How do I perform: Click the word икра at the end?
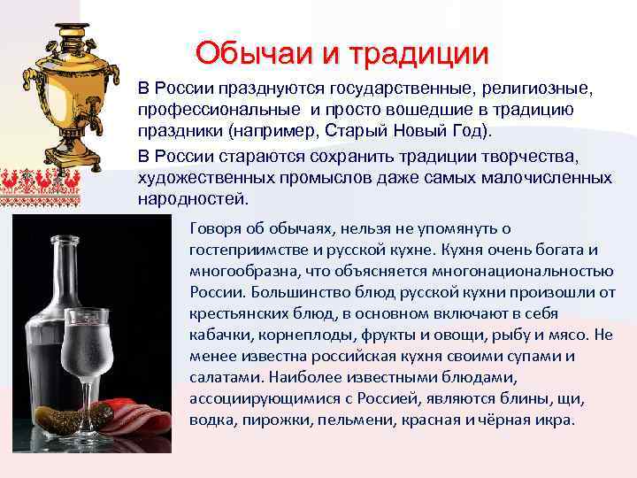[x=558, y=419]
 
